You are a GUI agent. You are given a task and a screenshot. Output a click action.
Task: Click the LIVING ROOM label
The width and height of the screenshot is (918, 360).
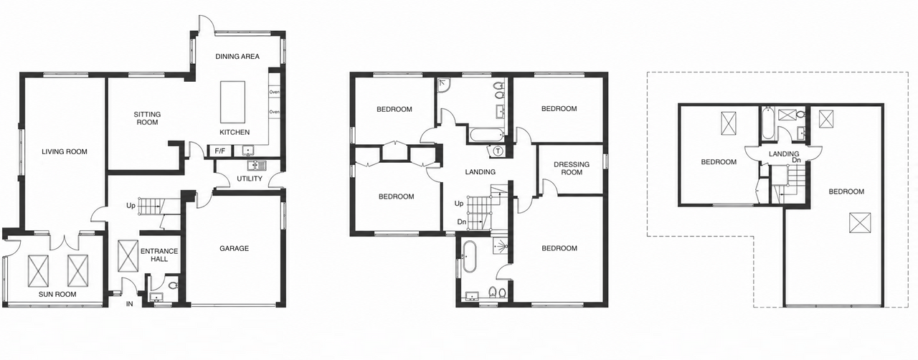[65, 152]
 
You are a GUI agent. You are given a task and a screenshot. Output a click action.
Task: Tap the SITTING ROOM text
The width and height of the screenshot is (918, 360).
[147, 118]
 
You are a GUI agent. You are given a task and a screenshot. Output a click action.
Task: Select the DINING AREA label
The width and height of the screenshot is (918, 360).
[237, 57]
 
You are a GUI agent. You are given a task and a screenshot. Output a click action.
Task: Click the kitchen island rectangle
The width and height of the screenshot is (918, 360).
[233, 102]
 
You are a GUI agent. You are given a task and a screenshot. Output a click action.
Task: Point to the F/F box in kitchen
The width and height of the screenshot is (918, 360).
[220, 151]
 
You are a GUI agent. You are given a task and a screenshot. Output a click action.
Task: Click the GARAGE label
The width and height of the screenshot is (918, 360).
[234, 248]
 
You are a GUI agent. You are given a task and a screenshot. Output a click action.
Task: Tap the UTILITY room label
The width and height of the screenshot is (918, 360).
[249, 179]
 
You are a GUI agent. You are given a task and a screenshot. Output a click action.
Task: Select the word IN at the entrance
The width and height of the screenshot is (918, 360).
[130, 304]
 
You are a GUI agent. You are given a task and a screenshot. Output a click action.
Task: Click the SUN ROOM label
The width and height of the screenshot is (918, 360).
[57, 295]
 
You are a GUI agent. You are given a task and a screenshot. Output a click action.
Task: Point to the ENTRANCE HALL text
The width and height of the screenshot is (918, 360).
[159, 255]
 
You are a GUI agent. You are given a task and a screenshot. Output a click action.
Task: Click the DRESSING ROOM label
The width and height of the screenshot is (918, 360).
[572, 169]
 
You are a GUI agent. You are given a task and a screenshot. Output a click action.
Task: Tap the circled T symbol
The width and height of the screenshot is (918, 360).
[498, 151]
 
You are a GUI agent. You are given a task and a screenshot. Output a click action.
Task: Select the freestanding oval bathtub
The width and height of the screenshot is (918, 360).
[470, 256]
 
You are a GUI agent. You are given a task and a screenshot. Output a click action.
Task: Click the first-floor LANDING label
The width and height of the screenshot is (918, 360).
[480, 172]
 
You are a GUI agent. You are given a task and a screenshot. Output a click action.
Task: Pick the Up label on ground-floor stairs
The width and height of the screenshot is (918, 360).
[131, 205]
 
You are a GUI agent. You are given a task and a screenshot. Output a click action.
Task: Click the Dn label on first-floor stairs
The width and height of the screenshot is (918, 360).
[462, 222]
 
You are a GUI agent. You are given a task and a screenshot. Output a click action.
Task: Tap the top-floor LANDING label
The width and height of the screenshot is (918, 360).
[784, 154]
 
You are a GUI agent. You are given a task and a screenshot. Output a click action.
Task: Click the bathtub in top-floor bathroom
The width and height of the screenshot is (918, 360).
[767, 123]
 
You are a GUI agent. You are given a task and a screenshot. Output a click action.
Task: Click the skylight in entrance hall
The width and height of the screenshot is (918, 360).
[128, 256]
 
